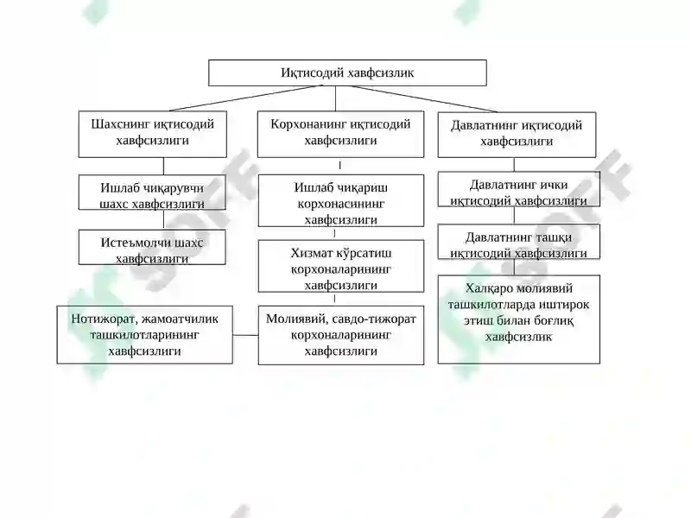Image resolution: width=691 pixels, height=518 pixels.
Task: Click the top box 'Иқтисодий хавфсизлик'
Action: click(x=347, y=73)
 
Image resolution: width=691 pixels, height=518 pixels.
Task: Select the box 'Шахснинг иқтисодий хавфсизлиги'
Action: click(x=153, y=134)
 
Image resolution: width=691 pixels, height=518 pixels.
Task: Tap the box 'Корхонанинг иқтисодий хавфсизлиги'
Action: click(x=340, y=134)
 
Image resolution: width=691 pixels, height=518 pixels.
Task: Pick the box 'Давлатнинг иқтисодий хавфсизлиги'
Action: click(x=517, y=135)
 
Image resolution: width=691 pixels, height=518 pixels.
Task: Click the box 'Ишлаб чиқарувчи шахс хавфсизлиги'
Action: click(x=152, y=192)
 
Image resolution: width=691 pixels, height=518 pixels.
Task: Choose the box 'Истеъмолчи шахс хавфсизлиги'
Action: click(x=152, y=247)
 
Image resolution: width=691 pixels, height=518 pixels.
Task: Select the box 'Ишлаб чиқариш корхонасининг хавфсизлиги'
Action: click(x=341, y=200)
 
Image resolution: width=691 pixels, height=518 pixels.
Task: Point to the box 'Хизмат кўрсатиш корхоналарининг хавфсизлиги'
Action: click(x=341, y=266)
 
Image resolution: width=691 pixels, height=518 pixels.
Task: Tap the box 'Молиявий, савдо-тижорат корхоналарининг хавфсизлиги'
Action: click(x=341, y=335)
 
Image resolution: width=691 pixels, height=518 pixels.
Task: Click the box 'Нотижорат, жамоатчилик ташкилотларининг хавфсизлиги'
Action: click(x=144, y=335)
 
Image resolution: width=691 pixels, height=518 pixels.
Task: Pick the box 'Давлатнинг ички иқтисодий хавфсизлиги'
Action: click(x=519, y=189)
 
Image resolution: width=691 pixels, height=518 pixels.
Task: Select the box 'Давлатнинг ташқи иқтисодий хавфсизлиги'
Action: click(x=519, y=242)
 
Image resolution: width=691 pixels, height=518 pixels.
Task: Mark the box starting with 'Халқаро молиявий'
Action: click(x=519, y=319)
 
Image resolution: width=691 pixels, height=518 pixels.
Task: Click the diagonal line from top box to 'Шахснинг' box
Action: click(x=246, y=98)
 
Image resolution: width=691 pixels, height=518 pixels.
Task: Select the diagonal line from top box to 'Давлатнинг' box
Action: click(x=424, y=98)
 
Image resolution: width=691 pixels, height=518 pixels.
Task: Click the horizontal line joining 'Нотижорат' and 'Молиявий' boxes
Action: click(x=245, y=335)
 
